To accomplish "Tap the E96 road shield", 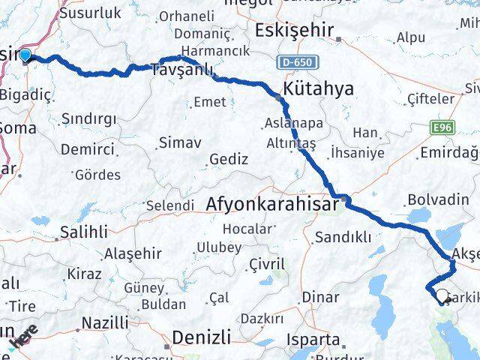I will [444, 129].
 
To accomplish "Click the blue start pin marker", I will [25, 55].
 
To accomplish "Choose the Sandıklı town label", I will [343, 238].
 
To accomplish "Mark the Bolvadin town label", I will [427, 200].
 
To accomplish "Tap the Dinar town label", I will [320, 296].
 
